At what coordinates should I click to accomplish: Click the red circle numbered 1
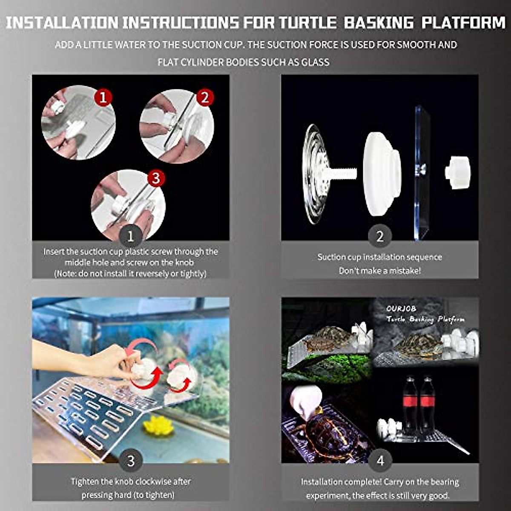[x=103, y=97]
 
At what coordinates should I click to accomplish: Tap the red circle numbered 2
[x=205, y=98]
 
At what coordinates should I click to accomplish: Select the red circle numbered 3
[x=156, y=178]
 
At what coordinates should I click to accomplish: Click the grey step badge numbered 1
[x=130, y=235]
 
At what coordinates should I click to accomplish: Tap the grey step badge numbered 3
[x=130, y=460]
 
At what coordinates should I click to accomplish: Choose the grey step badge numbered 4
[x=380, y=460]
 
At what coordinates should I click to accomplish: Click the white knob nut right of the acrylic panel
[x=457, y=167]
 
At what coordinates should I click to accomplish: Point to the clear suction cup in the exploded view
[x=315, y=173]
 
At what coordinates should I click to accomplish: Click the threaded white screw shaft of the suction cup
[x=345, y=172]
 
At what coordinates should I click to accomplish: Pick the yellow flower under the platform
[x=158, y=425]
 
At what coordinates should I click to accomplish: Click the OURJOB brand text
[x=401, y=308]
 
